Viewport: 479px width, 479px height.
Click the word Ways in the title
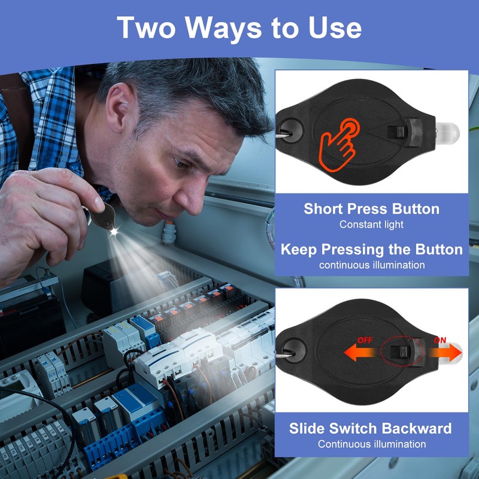click(223, 28)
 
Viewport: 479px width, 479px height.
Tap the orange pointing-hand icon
click(339, 144)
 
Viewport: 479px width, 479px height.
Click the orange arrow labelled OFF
click(360, 352)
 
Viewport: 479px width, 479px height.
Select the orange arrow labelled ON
click(444, 352)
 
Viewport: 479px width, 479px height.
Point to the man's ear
click(120, 110)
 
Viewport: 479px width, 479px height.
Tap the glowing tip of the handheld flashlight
click(114, 232)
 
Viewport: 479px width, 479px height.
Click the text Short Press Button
click(371, 209)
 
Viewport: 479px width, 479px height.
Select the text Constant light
click(371, 225)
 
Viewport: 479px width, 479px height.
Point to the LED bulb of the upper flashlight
click(447, 133)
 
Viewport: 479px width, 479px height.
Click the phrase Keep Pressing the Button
click(371, 250)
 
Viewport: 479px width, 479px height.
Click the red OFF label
click(365, 340)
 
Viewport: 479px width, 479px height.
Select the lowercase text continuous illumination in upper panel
click(372, 265)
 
